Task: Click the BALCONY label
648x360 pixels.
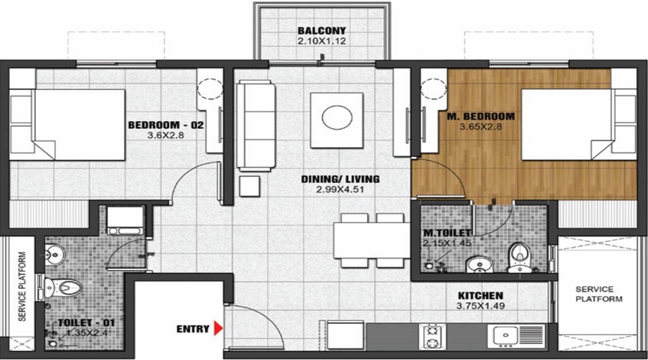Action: (322, 31)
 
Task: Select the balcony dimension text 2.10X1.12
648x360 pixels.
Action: (322, 42)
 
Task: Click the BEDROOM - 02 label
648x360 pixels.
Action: (166, 125)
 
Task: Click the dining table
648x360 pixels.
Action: (367, 240)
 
